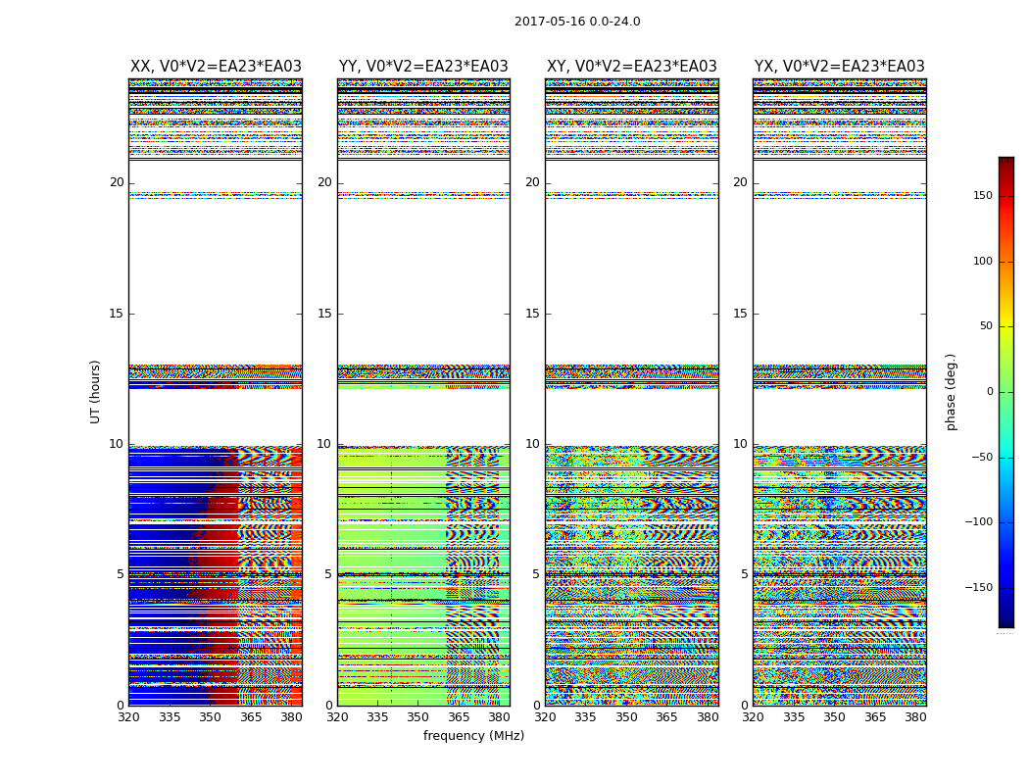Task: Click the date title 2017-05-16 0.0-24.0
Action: coord(577,22)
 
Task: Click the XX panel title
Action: coord(216,67)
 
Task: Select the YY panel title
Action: coord(423,67)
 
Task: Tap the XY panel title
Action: coord(632,67)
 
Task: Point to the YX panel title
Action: coord(840,67)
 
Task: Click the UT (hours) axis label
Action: coord(96,391)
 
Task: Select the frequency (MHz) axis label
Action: coord(473,736)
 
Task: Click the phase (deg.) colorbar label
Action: coord(951,391)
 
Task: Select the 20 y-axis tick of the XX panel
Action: coord(117,182)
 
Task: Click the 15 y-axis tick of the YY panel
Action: coord(324,314)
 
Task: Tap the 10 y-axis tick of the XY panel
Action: coord(532,444)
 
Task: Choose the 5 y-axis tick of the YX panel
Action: coord(744,574)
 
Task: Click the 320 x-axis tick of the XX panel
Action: coord(128,717)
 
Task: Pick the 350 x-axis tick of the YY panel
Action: coord(418,717)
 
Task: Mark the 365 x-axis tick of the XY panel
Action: coord(666,717)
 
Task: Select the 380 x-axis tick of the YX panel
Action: coord(915,717)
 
